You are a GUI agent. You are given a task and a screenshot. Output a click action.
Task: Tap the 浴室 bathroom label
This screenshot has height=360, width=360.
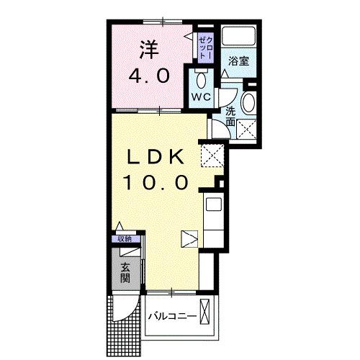[x=239, y=62]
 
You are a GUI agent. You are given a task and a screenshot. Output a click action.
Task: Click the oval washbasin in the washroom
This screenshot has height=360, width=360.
[x=248, y=102]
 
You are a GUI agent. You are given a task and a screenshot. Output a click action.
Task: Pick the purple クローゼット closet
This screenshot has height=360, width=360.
[x=204, y=46]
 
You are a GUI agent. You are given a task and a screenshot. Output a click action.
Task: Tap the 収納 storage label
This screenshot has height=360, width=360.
[x=125, y=239]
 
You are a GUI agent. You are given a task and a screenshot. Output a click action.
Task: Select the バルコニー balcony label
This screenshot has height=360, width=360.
[x=172, y=318]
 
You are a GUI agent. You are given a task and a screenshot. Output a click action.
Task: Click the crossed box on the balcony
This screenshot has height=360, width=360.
[x=207, y=314]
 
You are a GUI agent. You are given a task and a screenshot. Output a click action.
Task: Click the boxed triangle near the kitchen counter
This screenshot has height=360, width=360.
[x=189, y=237]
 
